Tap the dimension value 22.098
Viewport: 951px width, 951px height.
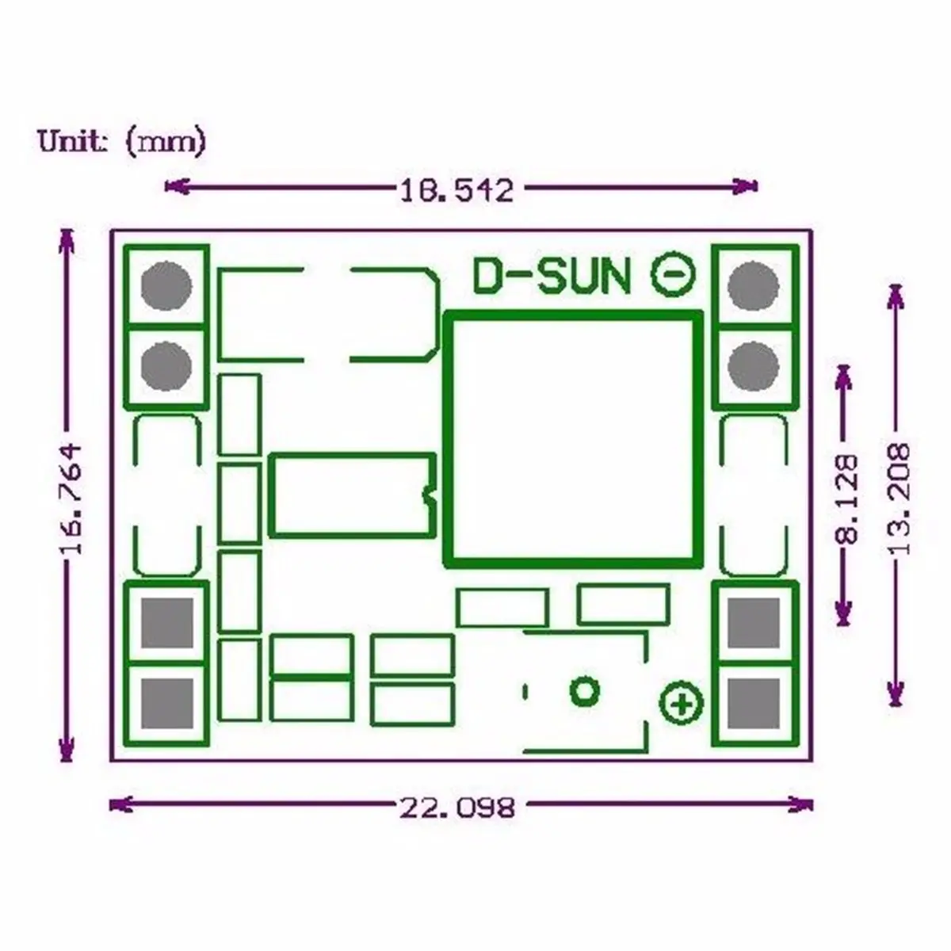click(x=457, y=808)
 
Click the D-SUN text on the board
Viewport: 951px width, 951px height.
click(x=552, y=277)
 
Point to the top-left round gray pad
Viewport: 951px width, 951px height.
click(x=166, y=285)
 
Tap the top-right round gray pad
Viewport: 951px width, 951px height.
click(x=753, y=285)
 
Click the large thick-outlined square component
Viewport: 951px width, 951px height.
click(x=575, y=437)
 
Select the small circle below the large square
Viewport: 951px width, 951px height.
click(x=585, y=691)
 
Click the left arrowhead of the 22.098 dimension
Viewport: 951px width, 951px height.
click(x=116, y=805)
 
